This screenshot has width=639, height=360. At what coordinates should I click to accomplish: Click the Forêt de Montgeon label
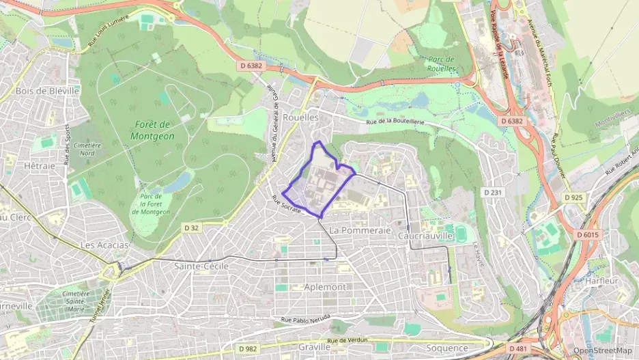coord(152,130)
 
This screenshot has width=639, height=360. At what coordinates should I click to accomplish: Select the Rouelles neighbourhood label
coord(300,117)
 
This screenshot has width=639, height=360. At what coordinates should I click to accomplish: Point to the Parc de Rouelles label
coord(441,64)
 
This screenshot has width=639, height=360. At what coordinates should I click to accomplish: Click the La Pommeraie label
coord(360,230)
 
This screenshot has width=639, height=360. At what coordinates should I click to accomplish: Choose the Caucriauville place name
coord(425,235)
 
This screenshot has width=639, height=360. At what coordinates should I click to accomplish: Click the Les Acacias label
coord(104,245)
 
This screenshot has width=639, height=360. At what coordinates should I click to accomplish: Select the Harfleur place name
coord(601,280)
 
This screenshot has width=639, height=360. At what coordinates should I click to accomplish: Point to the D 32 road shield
coord(190,227)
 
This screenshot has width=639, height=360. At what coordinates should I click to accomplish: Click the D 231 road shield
coord(492,192)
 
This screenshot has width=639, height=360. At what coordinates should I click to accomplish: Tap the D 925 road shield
coord(574,197)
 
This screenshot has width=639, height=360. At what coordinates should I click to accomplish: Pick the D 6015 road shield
coord(587,234)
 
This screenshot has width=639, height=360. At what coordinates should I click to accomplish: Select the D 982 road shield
coord(248,348)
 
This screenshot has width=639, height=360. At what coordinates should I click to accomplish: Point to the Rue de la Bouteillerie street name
coord(395,122)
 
